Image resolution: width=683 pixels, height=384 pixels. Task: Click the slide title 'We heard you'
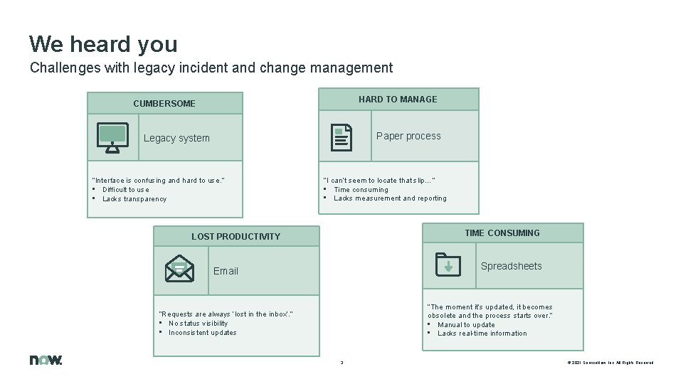(x=103, y=44)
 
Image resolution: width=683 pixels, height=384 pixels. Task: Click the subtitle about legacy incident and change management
(x=211, y=68)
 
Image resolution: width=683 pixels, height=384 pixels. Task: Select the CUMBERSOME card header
(x=164, y=103)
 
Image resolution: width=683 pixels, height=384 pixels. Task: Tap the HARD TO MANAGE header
(x=398, y=99)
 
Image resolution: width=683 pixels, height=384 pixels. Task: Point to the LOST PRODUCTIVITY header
(x=235, y=236)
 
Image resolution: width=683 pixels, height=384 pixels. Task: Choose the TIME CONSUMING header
(x=502, y=233)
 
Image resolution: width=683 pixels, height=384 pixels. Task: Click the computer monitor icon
(x=112, y=137)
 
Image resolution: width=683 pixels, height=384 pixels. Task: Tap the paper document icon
(x=341, y=137)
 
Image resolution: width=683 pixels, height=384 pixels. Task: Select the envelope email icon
(x=179, y=270)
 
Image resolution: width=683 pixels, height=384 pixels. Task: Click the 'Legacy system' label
(x=176, y=138)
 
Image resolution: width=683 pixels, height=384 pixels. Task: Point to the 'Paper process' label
(x=408, y=136)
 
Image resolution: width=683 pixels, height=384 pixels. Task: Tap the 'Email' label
(x=226, y=271)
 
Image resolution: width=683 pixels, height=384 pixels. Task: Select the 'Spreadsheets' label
(x=511, y=266)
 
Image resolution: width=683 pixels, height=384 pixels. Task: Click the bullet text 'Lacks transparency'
(x=134, y=199)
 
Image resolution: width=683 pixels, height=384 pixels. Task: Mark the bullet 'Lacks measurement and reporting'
(x=390, y=198)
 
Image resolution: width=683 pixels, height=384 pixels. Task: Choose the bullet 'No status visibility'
(x=198, y=324)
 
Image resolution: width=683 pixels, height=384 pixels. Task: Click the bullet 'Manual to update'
(x=466, y=325)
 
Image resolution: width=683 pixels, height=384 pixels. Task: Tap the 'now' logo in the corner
(x=46, y=360)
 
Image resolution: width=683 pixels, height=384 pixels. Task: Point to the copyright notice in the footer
(x=610, y=363)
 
